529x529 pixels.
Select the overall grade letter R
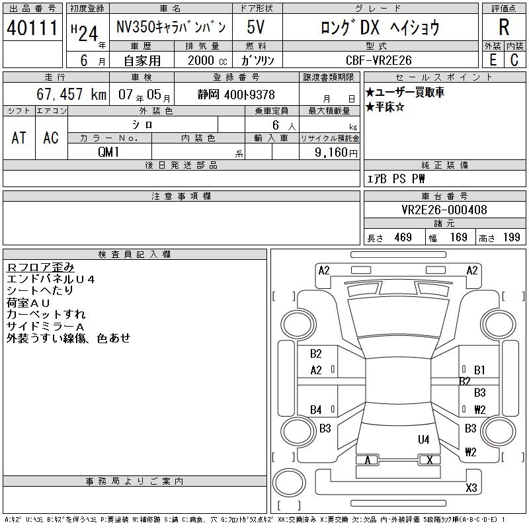coord(505,28)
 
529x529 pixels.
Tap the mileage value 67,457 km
coord(71,94)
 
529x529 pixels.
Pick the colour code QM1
coord(109,152)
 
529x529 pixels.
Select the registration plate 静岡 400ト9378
coord(237,95)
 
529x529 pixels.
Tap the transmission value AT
coord(19,138)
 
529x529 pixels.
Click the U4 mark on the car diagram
coord(423,439)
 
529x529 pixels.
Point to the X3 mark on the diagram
coord(471,488)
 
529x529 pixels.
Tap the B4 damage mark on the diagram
coord(316,410)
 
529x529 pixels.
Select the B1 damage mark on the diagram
coord(479,370)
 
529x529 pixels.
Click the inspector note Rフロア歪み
coord(40,266)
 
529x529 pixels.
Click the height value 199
coord(510,237)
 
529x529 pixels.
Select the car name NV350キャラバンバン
coord(171,28)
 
